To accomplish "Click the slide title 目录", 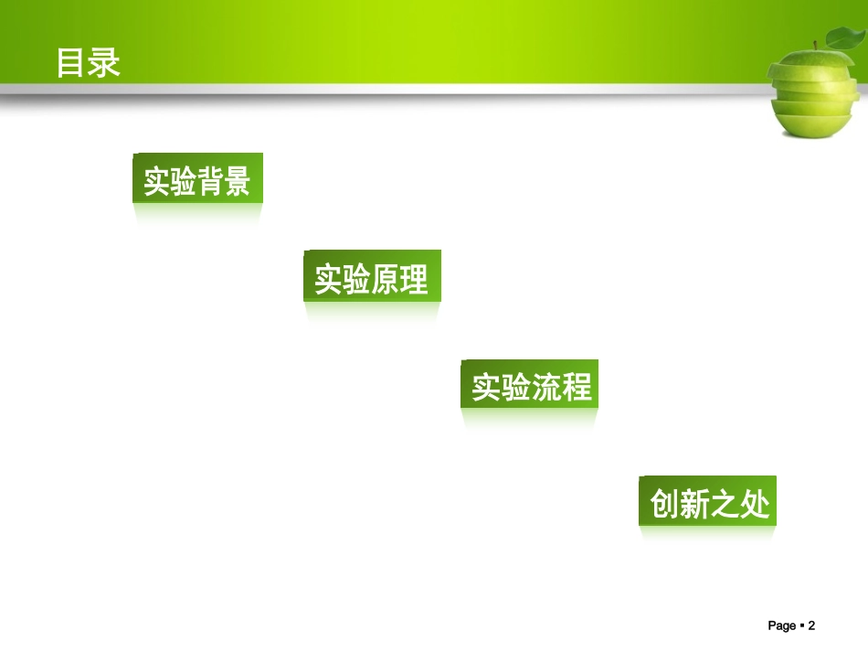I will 89,63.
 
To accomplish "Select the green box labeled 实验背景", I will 197,178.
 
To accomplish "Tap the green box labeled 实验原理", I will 372,276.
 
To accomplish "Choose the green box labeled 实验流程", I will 530,385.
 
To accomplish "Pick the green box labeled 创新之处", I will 707,501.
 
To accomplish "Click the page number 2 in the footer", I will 810,625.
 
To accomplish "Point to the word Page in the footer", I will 782,625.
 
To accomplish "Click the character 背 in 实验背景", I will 210,179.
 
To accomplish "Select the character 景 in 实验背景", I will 238,179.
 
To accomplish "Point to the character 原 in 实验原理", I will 386,277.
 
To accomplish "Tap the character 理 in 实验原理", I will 414,277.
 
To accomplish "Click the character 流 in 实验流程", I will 545,386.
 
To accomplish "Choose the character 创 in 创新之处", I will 664,502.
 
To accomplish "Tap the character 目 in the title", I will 72,63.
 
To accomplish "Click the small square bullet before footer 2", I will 801,625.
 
